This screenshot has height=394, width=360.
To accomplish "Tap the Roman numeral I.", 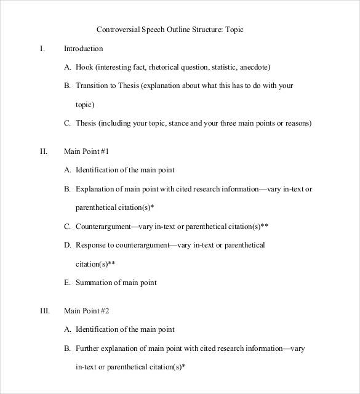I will tap(42, 48).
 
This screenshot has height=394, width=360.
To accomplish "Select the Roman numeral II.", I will tap(43, 151).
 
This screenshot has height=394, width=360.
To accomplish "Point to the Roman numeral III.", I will tap(44, 311).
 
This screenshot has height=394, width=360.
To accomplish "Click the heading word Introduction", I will tap(84, 48).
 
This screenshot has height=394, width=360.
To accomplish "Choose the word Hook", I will tap(84, 67).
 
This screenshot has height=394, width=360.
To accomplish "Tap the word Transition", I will tap(92, 86).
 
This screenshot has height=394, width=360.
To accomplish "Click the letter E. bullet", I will tap(67, 283).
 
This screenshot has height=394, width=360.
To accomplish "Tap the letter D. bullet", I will tap(67, 245).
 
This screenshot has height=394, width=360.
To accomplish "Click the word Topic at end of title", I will tap(233, 29).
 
